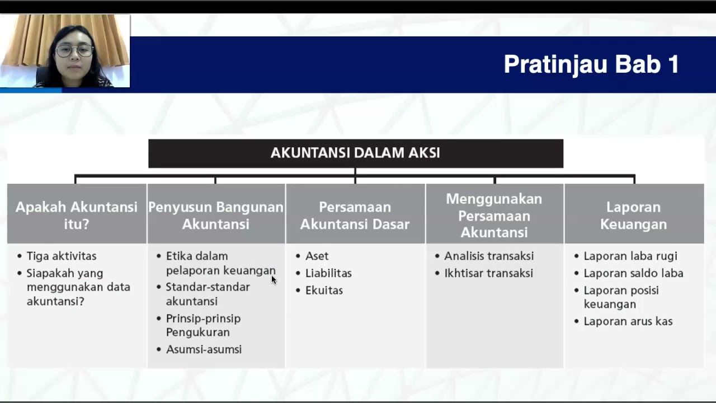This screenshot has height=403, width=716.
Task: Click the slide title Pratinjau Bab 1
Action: pos(591,64)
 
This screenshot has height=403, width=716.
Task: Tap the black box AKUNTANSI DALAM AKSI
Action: pos(355,153)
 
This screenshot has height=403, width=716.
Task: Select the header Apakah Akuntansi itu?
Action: pos(77,215)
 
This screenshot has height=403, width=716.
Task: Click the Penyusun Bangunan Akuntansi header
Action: pos(216,215)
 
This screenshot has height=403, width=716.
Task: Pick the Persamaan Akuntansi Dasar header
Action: pos(355,215)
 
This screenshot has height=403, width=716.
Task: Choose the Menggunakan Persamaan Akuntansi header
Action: pos(494,215)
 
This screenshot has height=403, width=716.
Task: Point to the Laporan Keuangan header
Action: pos(633,215)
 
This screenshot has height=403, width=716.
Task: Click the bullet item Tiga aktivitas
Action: pos(62,256)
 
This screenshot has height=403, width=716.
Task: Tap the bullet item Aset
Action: pos(317,256)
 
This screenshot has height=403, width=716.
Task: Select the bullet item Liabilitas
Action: pos(328,273)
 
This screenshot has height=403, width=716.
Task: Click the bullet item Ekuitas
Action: pos(324,290)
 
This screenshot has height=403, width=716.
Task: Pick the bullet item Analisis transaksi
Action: pos(489,256)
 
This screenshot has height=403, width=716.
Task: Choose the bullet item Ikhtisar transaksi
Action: pos(488,273)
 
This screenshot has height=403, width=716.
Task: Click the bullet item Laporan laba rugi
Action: pos(630,256)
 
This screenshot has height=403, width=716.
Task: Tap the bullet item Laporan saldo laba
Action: pos(633,273)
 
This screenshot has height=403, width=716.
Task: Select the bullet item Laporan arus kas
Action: pos(628,321)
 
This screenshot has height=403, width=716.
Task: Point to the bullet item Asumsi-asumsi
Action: pos(204,349)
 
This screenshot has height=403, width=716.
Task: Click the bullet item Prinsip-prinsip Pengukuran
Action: pos(203,325)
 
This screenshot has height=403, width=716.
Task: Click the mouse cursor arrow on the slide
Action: pos(274,279)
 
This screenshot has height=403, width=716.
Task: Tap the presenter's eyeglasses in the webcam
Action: pos(74,50)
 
